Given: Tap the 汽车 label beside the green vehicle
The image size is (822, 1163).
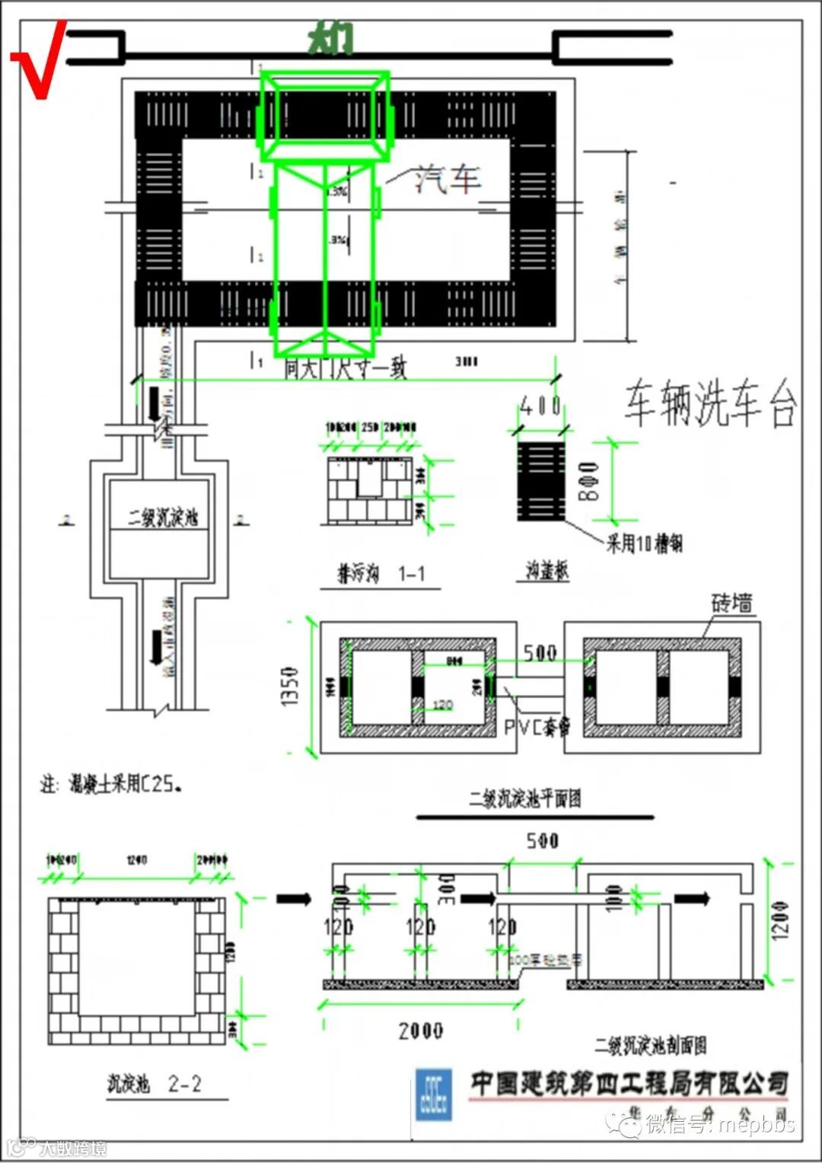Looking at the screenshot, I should [x=447, y=178].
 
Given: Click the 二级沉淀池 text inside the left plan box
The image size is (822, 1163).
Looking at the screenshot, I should [x=162, y=518].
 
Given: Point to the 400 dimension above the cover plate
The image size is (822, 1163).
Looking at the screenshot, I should [x=540, y=406].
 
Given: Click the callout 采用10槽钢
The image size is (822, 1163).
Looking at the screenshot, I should [x=644, y=543].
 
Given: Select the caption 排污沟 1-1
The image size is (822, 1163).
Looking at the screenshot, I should [x=381, y=574].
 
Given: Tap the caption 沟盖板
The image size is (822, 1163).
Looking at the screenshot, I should [x=547, y=571].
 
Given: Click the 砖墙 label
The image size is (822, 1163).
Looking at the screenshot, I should [x=731, y=604].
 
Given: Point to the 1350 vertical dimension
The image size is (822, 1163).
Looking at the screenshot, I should [x=289, y=687].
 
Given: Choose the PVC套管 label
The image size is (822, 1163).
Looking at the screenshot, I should [x=537, y=728].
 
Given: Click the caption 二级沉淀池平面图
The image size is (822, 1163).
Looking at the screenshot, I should [x=525, y=798].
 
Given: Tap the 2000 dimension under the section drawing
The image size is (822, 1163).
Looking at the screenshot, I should [x=420, y=1031].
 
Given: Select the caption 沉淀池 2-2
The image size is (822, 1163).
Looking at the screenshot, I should [x=155, y=1084].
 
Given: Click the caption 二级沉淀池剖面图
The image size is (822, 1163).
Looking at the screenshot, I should [x=651, y=1045].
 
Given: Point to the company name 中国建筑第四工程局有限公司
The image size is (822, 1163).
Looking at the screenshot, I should [x=629, y=1083].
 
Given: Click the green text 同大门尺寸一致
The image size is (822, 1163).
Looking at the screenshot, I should [x=346, y=368].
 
